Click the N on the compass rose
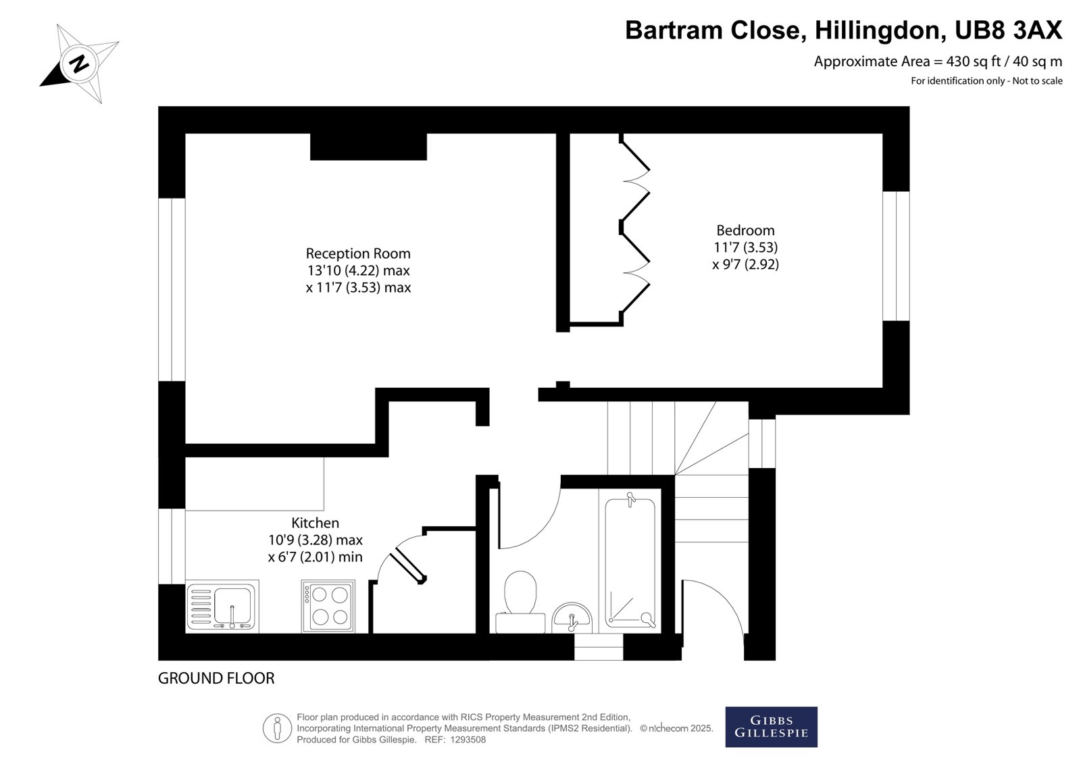[78, 63]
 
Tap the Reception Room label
[358, 253]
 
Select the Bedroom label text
[745, 230]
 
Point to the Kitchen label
[315, 523]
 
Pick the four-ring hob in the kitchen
[328, 607]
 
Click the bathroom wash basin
[572, 618]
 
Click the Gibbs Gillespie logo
[771, 727]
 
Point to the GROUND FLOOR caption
[216, 678]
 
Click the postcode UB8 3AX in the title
[1008, 30]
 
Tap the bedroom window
[896, 256]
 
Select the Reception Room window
[172, 290]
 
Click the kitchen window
[172, 546]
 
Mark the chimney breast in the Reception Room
[368, 147]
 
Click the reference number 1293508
[468, 740]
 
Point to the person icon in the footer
[277, 728]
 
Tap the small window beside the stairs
[762, 444]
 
